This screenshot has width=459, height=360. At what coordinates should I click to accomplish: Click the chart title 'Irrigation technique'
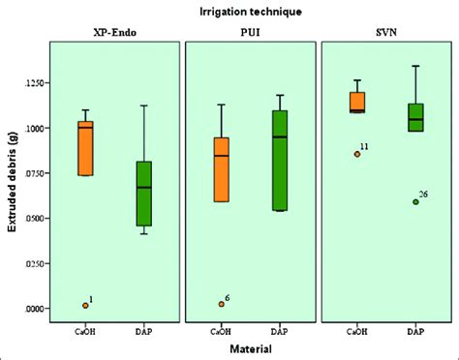point(251,13)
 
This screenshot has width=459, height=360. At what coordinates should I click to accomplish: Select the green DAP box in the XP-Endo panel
point(143,194)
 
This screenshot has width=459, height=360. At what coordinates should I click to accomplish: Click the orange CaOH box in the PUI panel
point(222,169)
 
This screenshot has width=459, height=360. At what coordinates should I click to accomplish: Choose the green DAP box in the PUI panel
point(281,160)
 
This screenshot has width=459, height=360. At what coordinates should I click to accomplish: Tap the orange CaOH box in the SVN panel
point(358,102)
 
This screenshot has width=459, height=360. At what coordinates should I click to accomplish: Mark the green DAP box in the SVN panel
point(416,117)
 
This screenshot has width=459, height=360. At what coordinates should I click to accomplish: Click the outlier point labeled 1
point(85,305)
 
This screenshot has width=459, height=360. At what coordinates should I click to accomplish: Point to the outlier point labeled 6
point(222,304)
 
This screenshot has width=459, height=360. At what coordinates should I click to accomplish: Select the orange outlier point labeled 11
point(357,153)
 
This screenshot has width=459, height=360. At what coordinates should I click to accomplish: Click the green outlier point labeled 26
point(415,202)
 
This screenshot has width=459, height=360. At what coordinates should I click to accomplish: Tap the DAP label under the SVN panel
point(416,332)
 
